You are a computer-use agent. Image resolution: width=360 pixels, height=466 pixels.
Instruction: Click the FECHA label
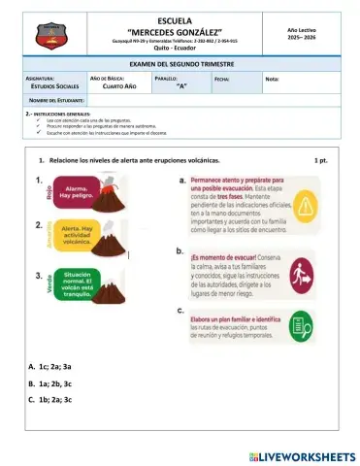click(221, 78)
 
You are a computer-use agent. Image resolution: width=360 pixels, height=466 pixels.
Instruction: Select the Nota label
click(273, 78)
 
